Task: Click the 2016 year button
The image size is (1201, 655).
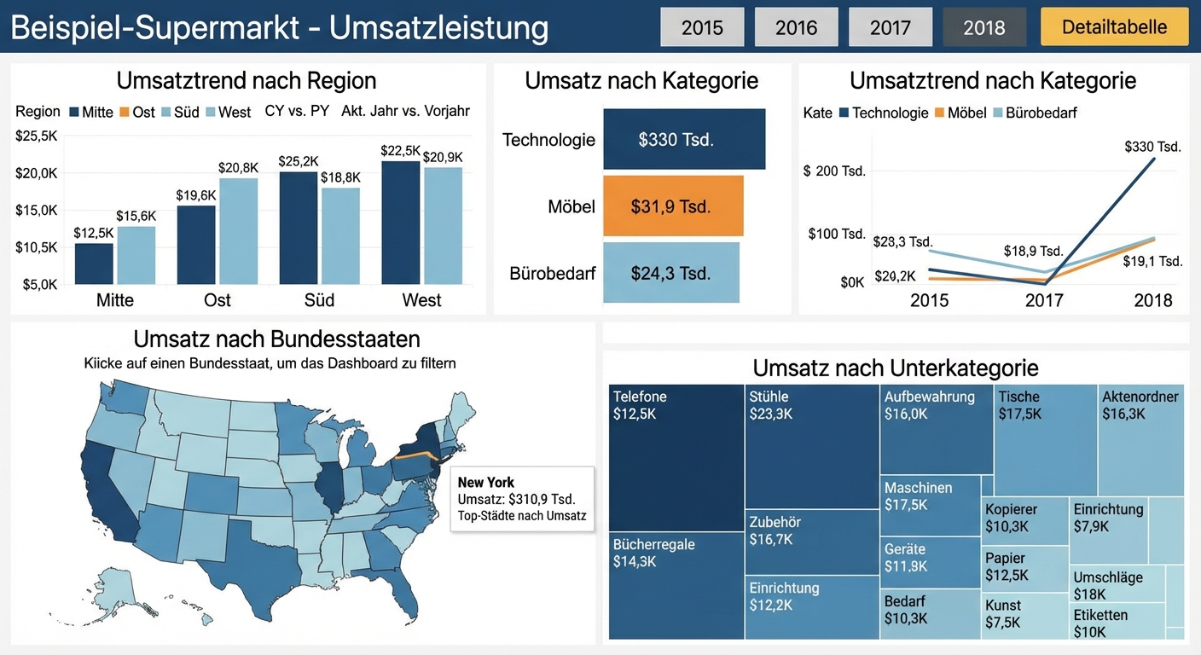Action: (x=797, y=27)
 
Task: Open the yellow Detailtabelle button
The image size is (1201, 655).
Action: (x=1114, y=27)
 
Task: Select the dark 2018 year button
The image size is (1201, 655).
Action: (x=984, y=27)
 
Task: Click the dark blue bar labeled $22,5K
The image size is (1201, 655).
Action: (x=401, y=222)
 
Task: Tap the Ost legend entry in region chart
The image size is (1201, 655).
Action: (x=136, y=112)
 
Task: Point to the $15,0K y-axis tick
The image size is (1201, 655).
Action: (x=36, y=210)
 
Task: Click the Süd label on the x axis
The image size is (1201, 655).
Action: (x=319, y=300)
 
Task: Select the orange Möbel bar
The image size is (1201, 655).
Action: (x=672, y=206)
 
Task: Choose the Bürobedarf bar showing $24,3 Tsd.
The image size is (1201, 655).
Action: (x=670, y=273)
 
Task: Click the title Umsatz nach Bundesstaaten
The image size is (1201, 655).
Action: (x=276, y=339)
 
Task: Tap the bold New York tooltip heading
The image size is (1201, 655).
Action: (x=485, y=483)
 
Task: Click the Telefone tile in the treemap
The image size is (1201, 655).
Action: (x=676, y=457)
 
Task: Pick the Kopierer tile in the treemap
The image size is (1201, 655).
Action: (x=1024, y=518)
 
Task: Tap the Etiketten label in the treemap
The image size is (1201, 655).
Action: (x=1100, y=615)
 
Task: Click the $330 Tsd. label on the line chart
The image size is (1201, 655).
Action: (x=1152, y=147)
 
